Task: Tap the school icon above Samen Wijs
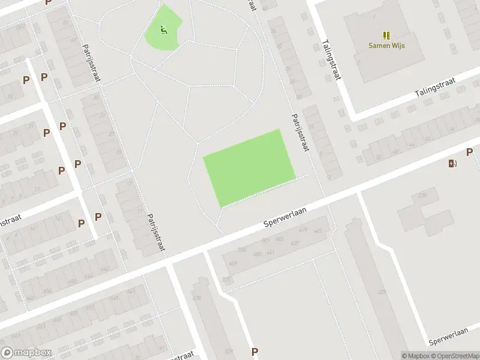click(386, 35)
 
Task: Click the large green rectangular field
click(250, 169)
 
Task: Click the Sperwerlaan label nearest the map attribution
click(448, 337)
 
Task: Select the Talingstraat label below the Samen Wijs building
click(436, 87)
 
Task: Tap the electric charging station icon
click(452, 163)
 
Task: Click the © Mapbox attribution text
click(416, 356)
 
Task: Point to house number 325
click(422, 195)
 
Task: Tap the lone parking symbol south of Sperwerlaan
click(254, 352)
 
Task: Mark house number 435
click(196, 297)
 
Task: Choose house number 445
click(318, 230)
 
